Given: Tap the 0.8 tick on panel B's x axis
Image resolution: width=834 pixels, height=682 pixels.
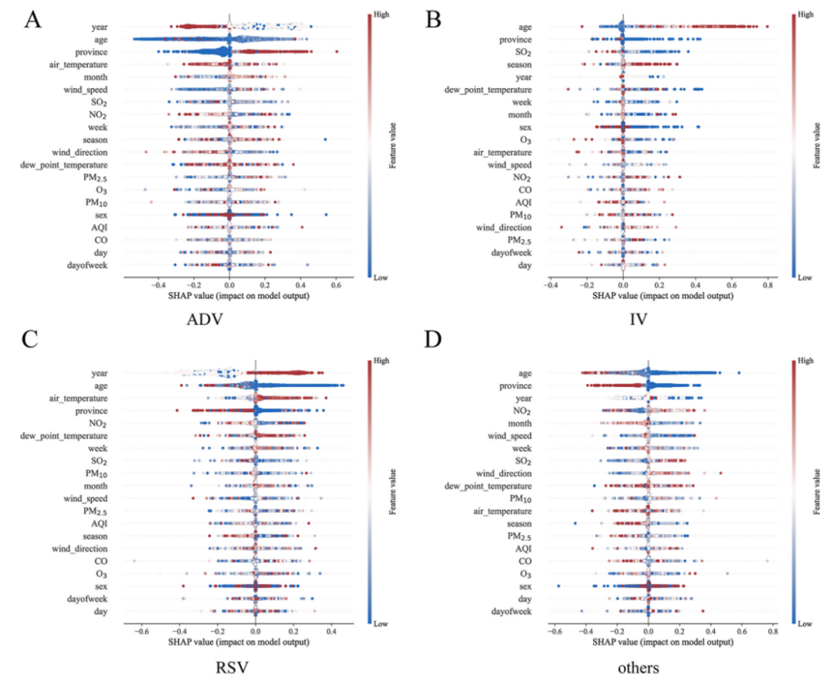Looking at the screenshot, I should pyautogui.click(x=767, y=285).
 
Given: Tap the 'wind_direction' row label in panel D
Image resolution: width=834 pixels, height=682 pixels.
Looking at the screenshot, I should pyautogui.click(x=503, y=473).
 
